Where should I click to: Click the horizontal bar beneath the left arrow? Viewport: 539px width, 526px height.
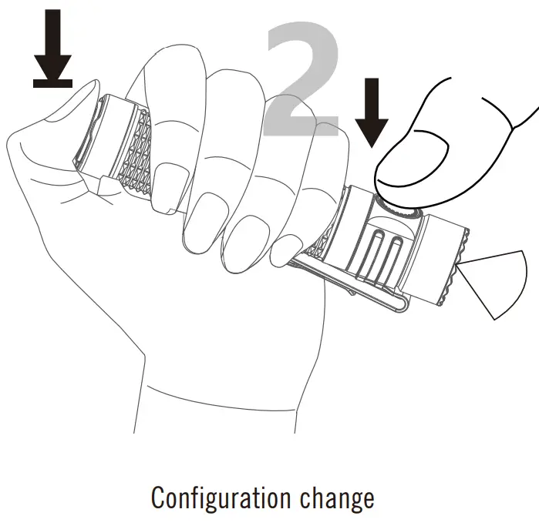(x=53, y=83)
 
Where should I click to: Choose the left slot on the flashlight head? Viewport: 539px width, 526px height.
(x=378, y=254)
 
